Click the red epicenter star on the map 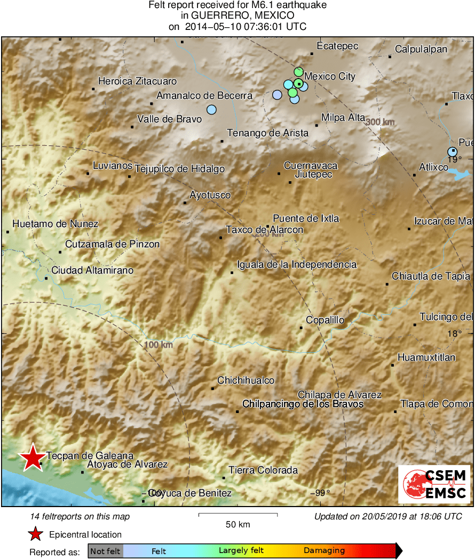33,457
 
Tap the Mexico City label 330,76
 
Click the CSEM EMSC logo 434,484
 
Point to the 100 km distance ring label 159,345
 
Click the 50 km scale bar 238,515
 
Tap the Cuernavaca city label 311,166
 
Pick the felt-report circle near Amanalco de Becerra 211,110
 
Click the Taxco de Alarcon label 265,230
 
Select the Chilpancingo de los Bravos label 303,404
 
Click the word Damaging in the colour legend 324,550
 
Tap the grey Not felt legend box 105,550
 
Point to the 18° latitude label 454,333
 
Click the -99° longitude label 320,493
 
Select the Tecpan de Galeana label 90,456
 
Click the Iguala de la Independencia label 298,265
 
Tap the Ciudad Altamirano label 92,270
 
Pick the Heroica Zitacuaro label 138,82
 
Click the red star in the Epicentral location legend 36,534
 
